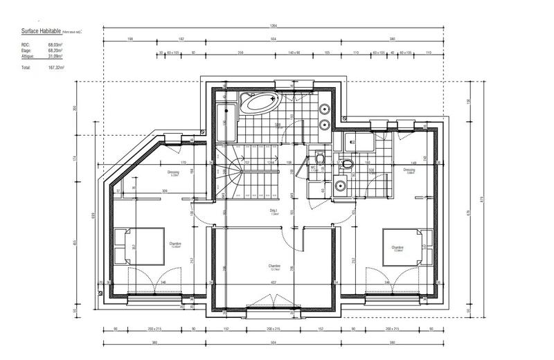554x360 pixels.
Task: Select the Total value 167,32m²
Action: pos(55,69)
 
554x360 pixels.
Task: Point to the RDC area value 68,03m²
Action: pos(55,45)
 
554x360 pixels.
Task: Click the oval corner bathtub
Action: pos(258,105)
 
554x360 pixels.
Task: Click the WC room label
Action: pos(313,168)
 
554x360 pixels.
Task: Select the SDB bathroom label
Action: pos(277,125)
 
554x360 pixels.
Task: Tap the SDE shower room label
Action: pos(370,170)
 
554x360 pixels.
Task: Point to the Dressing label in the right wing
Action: pos(409,170)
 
